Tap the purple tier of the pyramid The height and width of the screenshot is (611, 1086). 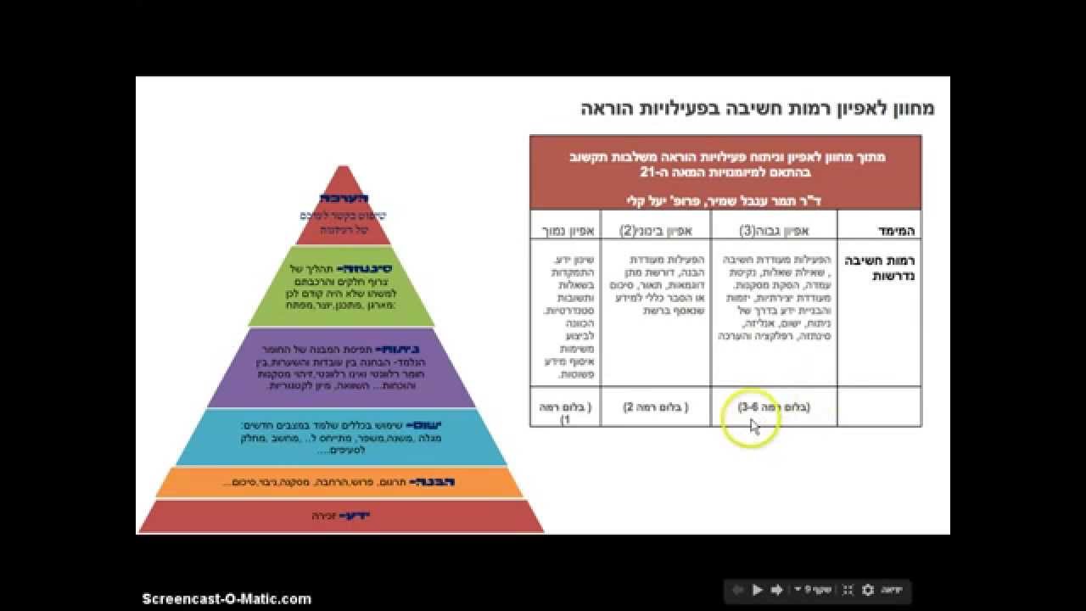tap(343, 368)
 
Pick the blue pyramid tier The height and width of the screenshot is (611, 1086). tap(343, 436)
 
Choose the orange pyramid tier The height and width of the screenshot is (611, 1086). tap(341, 482)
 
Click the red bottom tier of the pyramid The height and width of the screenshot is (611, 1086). tap(341, 516)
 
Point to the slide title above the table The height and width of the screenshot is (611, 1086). tap(758, 109)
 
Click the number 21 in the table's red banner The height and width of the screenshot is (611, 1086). tap(648, 172)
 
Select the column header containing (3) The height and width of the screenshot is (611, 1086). tap(774, 230)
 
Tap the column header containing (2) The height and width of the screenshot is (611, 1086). tap(655, 230)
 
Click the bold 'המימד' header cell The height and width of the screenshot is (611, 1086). tap(896, 231)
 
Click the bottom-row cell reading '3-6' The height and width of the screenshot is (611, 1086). tap(774, 407)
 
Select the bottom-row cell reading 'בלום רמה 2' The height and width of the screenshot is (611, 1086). tap(655, 407)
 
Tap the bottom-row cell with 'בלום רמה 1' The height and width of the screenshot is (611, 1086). tap(565, 412)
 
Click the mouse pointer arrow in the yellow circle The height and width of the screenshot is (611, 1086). tap(754, 425)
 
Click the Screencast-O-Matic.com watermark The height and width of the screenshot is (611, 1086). tap(227, 599)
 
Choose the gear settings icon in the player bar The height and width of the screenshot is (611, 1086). tap(867, 590)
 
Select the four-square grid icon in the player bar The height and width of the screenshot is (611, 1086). tap(847, 590)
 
